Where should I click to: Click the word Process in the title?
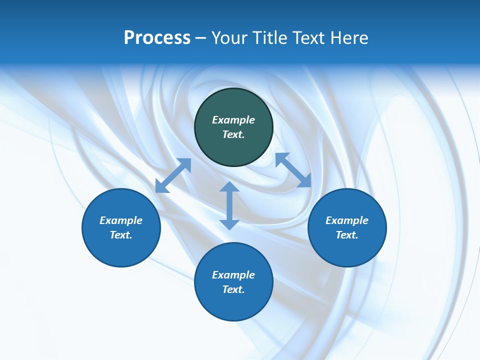157,37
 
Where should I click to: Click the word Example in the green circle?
233,120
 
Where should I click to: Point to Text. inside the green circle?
233,134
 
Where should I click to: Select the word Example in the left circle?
121,220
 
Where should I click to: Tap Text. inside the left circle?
121,235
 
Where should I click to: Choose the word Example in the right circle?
347,220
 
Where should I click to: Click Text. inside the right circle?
347,235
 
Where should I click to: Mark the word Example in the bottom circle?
233,275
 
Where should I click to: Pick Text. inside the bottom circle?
233,289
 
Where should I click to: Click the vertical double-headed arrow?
229,205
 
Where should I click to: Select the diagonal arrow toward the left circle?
173,175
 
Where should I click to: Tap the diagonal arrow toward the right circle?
293,170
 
